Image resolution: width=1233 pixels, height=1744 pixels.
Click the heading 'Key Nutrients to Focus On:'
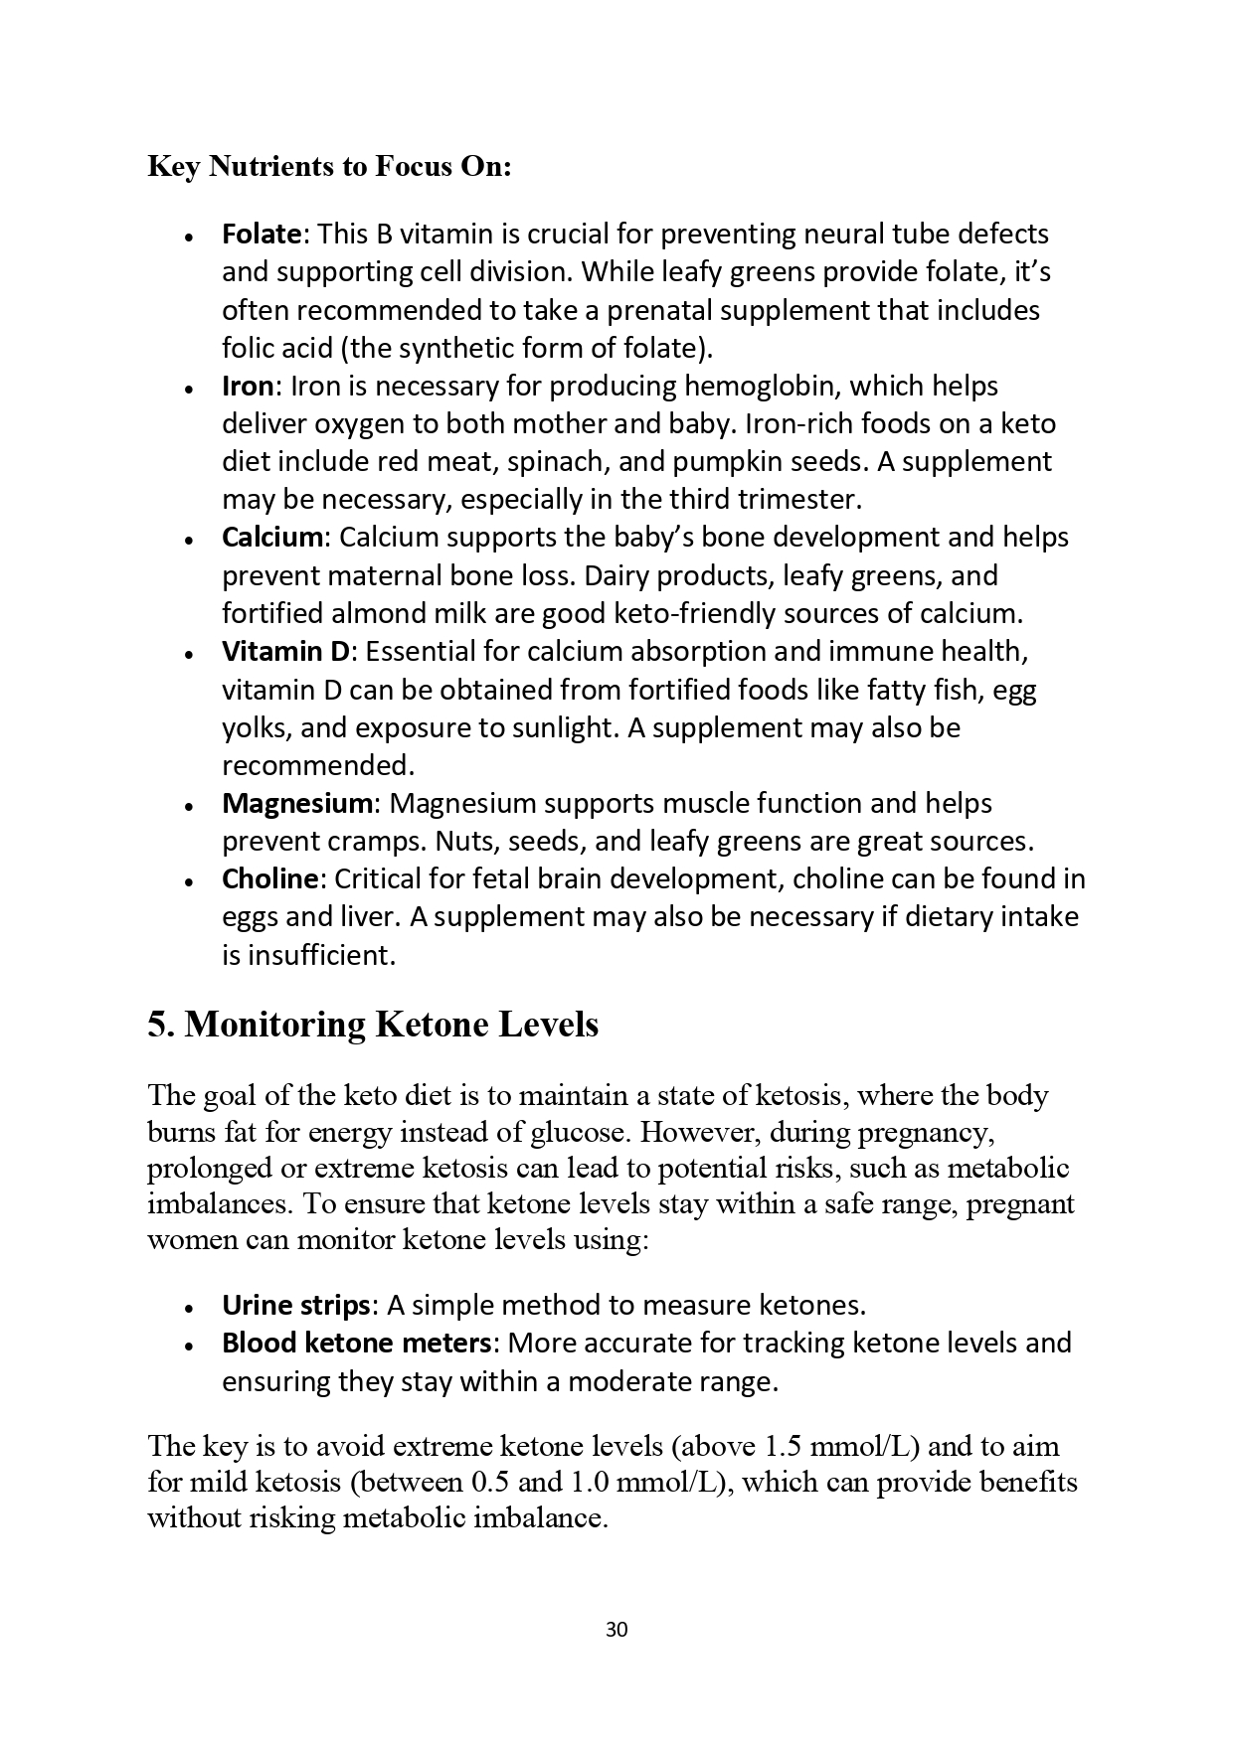329,166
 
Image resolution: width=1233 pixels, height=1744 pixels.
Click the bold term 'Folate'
261,235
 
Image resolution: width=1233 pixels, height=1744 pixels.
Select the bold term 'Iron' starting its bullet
247,387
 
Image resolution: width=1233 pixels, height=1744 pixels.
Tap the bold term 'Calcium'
272,538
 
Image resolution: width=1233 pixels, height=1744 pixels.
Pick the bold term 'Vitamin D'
286,652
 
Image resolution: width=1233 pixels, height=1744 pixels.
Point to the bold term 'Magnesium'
296,803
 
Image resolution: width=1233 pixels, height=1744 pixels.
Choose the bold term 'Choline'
269,879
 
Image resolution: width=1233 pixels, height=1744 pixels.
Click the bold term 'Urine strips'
295,1305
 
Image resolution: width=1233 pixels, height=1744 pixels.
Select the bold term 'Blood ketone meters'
357,1344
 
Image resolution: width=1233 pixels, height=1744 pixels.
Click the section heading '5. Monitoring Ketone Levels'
373,1025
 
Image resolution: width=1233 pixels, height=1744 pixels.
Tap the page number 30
616,1630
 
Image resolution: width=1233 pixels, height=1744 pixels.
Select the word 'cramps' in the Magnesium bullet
384,842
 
